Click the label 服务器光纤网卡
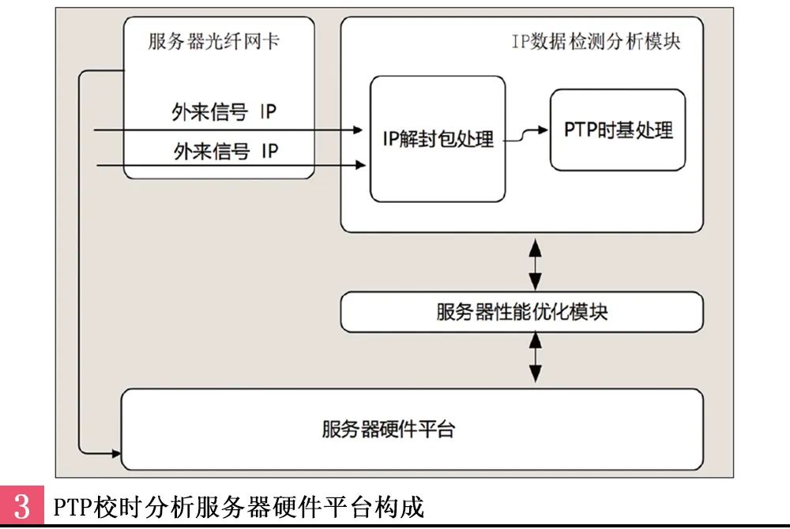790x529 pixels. (x=213, y=42)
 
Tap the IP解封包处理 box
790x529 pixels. (x=438, y=139)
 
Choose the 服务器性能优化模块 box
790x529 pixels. (x=521, y=312)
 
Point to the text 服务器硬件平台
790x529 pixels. (x=388, y=430)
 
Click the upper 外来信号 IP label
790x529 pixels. (x=224, y=111)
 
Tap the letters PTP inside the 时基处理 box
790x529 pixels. (x=580, y=129)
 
